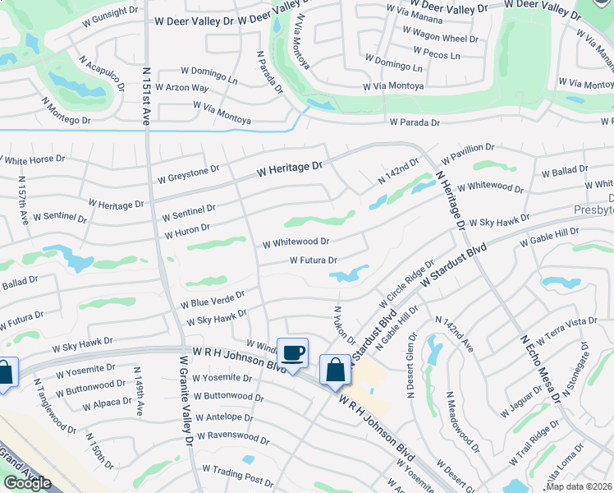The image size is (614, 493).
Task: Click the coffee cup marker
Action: click(x=293, y=353)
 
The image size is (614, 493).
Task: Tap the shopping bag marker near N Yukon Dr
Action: click(x=336, y=370)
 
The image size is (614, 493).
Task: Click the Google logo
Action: click(x=27, y=482)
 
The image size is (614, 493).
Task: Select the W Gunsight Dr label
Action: click(x=111, y=15)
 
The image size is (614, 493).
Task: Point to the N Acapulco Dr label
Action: click(x=102, y=73)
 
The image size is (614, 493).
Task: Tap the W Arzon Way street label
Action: click(x=182, y=88)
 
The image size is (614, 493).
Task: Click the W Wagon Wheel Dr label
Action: click(x=440, y=39)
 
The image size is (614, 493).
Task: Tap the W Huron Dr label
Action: click(x=187, y=231)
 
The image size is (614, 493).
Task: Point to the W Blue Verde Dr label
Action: click(x=213, y=298)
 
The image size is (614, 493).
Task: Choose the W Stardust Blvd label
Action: click(x=454, y=264)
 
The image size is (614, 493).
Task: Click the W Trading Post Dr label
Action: click(x=238, y=474)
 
